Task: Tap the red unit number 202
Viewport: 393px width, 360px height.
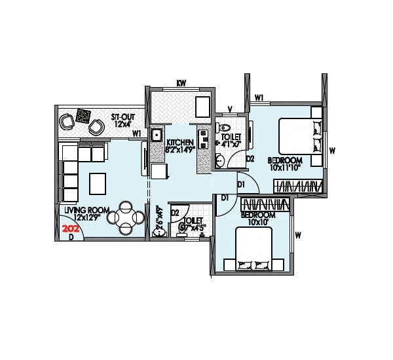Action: click(x=70, y=229)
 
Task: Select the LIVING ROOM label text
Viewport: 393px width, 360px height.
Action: click(x=82, y=210)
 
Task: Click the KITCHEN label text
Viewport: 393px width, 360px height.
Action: click(x=179, y=143)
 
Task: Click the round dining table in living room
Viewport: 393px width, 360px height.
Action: click(x=126, y=218)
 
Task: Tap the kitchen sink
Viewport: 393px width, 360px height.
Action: click(x=157, y=135)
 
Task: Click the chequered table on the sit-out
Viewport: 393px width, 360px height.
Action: click(x=83, y=116)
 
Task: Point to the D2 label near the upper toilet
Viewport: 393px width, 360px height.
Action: click(x=250, y=158)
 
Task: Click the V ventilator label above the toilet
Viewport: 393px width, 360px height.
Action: click(x=229, y=109)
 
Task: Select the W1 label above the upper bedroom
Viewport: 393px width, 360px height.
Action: click(x=259, y=98)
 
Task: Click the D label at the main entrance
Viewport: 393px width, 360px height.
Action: click(x=71, y=237)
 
